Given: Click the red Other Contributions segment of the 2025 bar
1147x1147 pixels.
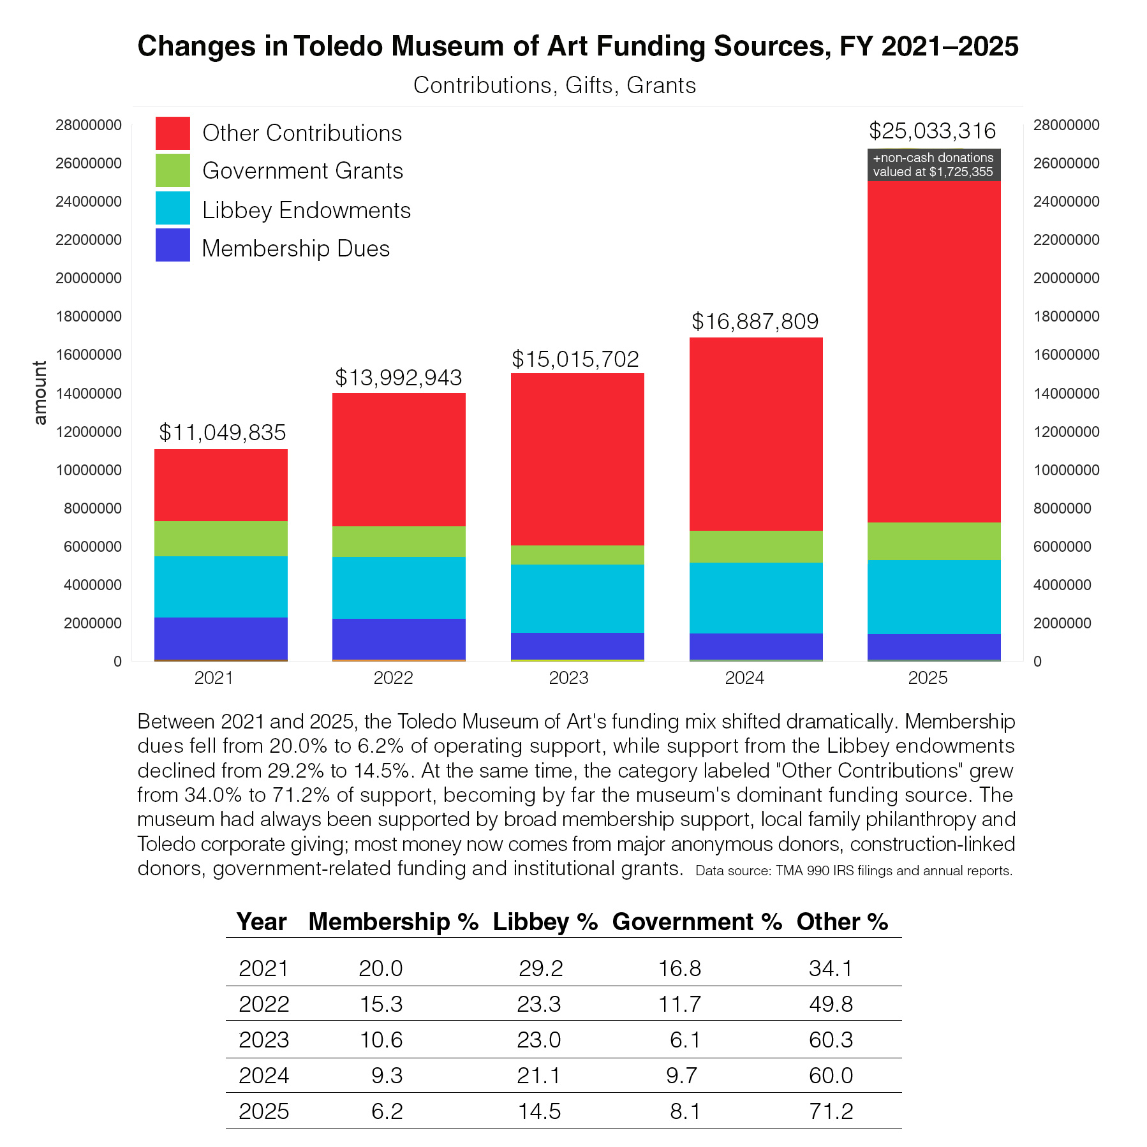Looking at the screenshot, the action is tap(933, 352).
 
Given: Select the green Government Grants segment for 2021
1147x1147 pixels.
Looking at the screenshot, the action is tap(221, 538).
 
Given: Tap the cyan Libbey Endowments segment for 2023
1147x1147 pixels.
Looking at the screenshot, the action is tap(577, 598).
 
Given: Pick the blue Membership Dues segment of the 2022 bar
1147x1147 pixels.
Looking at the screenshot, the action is tap(399, 639).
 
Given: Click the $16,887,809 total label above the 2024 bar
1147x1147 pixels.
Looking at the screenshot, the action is tap(755, 322).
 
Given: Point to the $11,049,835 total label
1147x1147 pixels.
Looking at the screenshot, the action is tap(222, 433).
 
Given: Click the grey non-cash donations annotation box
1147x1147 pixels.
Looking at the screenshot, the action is tap(933, 165).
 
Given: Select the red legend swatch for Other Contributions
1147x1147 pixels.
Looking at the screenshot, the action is tap(173, 133).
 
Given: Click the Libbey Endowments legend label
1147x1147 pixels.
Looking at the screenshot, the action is tap(306, 211).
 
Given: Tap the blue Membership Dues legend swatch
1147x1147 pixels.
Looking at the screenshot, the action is tap(173, 245).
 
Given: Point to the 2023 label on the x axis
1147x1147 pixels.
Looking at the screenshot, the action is tap(568, 677).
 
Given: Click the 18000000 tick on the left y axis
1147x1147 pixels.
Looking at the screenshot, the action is tap(89, 316).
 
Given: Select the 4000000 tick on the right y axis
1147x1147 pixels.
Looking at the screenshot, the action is tap(1062, 585).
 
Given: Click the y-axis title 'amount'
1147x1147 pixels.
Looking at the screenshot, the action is tap(40, 393).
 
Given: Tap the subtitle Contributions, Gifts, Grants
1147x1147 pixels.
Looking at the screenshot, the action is tap(554, 85).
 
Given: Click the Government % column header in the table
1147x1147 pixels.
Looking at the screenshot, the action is tap(697, 922).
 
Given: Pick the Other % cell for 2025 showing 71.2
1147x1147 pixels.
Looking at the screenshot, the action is tap(831, 1111).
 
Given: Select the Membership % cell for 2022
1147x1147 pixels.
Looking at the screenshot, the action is tap(381, 1004).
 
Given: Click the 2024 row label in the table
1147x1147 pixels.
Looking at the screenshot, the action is tap(263, 1076).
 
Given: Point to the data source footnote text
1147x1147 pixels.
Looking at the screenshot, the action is tap(854, 871).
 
